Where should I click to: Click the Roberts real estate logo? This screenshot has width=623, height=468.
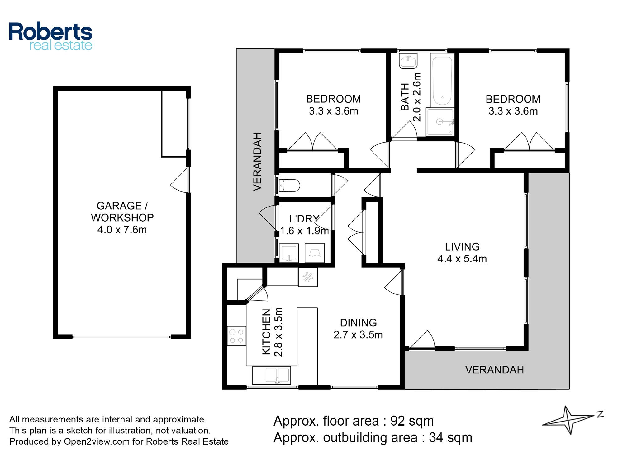tap(50, 37)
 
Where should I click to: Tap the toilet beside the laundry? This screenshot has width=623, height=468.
tap(289, 185)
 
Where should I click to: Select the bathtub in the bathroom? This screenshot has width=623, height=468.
tap(442, 81)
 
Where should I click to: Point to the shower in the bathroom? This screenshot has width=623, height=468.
tap(440, 122)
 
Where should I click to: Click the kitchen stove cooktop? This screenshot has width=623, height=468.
tap(236, 336)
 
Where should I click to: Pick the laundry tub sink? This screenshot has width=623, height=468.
tap(289, 253)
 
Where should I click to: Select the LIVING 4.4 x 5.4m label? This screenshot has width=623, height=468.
tap(462, 253)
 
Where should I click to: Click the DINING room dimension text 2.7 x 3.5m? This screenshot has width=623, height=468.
tap(358, 335)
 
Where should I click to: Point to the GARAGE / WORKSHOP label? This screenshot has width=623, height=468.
tap(122, 212)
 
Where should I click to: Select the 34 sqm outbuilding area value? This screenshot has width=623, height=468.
tap(450, 437)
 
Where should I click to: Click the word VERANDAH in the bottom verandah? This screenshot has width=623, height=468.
tap(494, 370)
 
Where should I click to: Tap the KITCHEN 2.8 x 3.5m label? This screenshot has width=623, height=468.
tap(272, 332)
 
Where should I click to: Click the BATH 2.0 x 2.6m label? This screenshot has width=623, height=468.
tap(411, 97)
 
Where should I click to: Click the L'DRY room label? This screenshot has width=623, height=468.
tap(304, 219)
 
